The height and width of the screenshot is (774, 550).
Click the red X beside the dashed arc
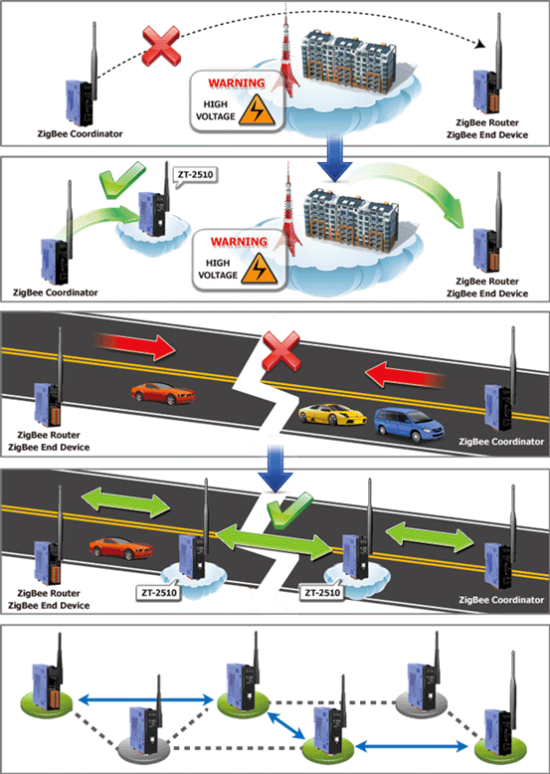coord(161,46)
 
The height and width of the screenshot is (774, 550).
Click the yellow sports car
coord(332,414)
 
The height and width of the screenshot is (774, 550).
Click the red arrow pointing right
coord(134,346)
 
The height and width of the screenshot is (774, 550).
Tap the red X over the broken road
coord(280,350)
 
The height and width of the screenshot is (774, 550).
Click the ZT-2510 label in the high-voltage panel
coord(195,174)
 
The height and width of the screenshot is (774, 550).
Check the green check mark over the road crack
coord(288,510)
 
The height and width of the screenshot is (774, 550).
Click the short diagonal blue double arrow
coord(287,725)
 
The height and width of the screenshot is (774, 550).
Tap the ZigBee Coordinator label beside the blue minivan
coord(501,442)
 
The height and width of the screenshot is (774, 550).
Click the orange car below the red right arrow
coord(163,393)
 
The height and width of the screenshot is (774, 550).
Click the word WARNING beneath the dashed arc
coord(237,83)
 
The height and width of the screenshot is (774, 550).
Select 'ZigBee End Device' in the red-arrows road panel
coord(49,448)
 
